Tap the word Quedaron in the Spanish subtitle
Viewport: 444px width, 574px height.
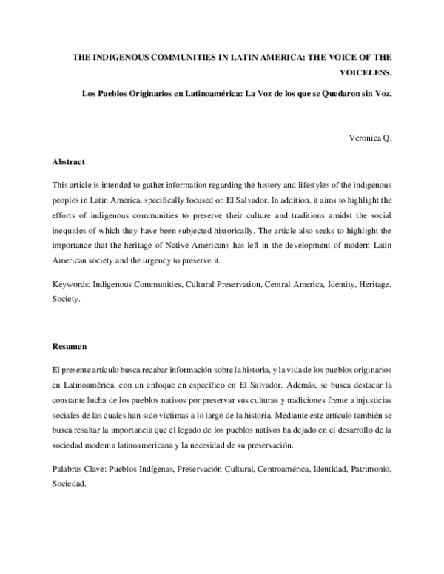(326, 95)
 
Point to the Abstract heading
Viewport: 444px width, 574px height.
(69, 161)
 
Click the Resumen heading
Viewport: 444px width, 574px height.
(70, 346)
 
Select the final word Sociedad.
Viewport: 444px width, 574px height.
(70, 485)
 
